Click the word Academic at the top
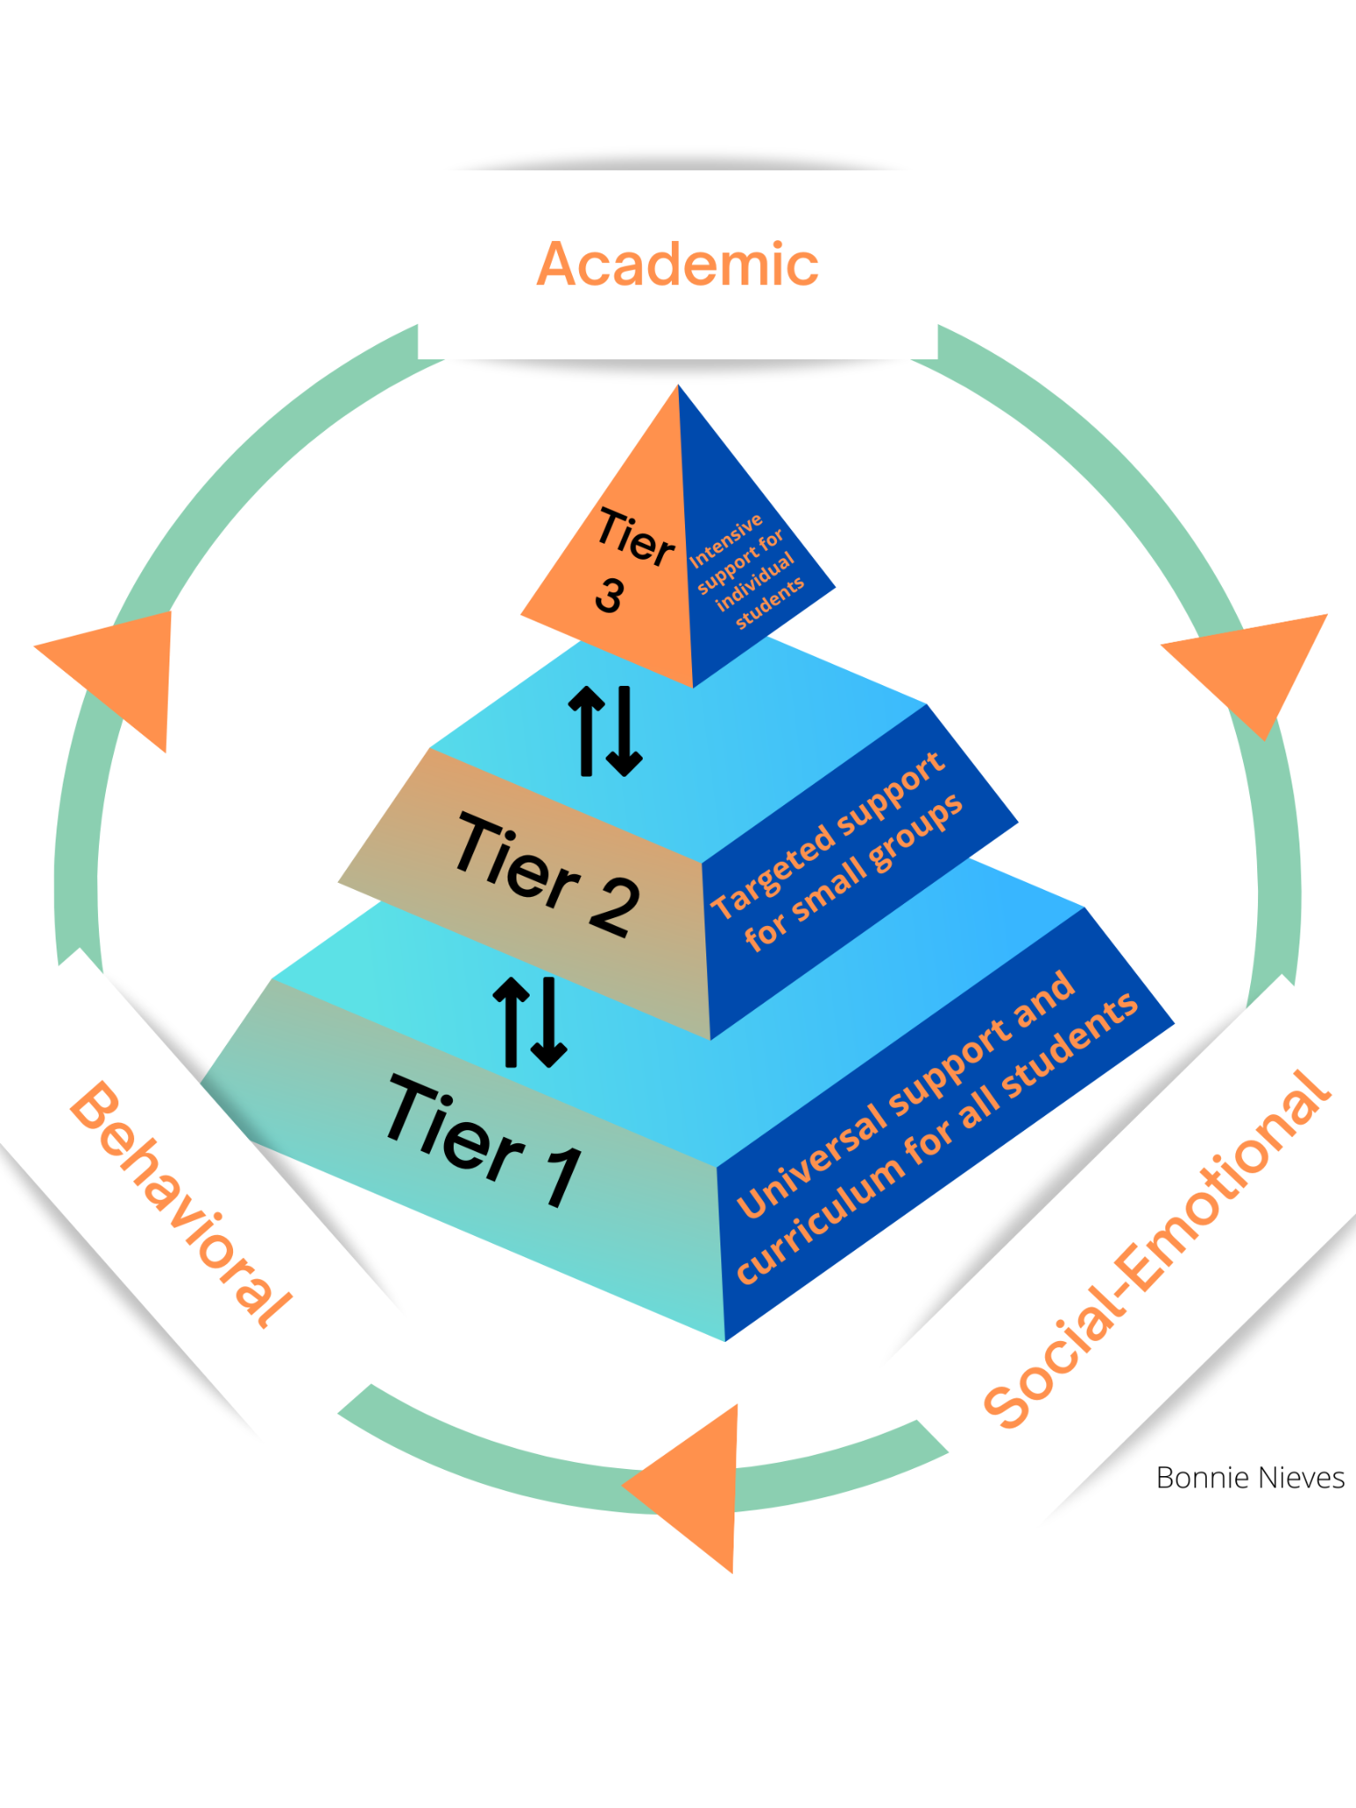pos(677,264)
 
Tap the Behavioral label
pos(181,1204)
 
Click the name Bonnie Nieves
pos(1249,1478)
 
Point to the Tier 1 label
pos(485,1140)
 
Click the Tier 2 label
pos(547,874)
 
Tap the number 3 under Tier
pos(609,595)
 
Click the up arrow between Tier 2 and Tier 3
pos(586,731)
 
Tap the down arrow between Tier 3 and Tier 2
pos(625,731)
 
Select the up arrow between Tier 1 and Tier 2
pos(511,1022)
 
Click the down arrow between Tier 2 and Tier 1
pos(549,1022)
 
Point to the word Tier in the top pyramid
pos(636,537)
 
